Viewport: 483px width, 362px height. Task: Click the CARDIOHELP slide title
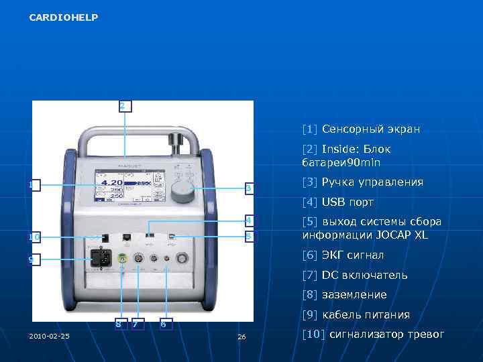point(64,17)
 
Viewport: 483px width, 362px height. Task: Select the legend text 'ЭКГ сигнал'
point(343,255)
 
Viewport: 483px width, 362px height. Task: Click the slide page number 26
point(242,336)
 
